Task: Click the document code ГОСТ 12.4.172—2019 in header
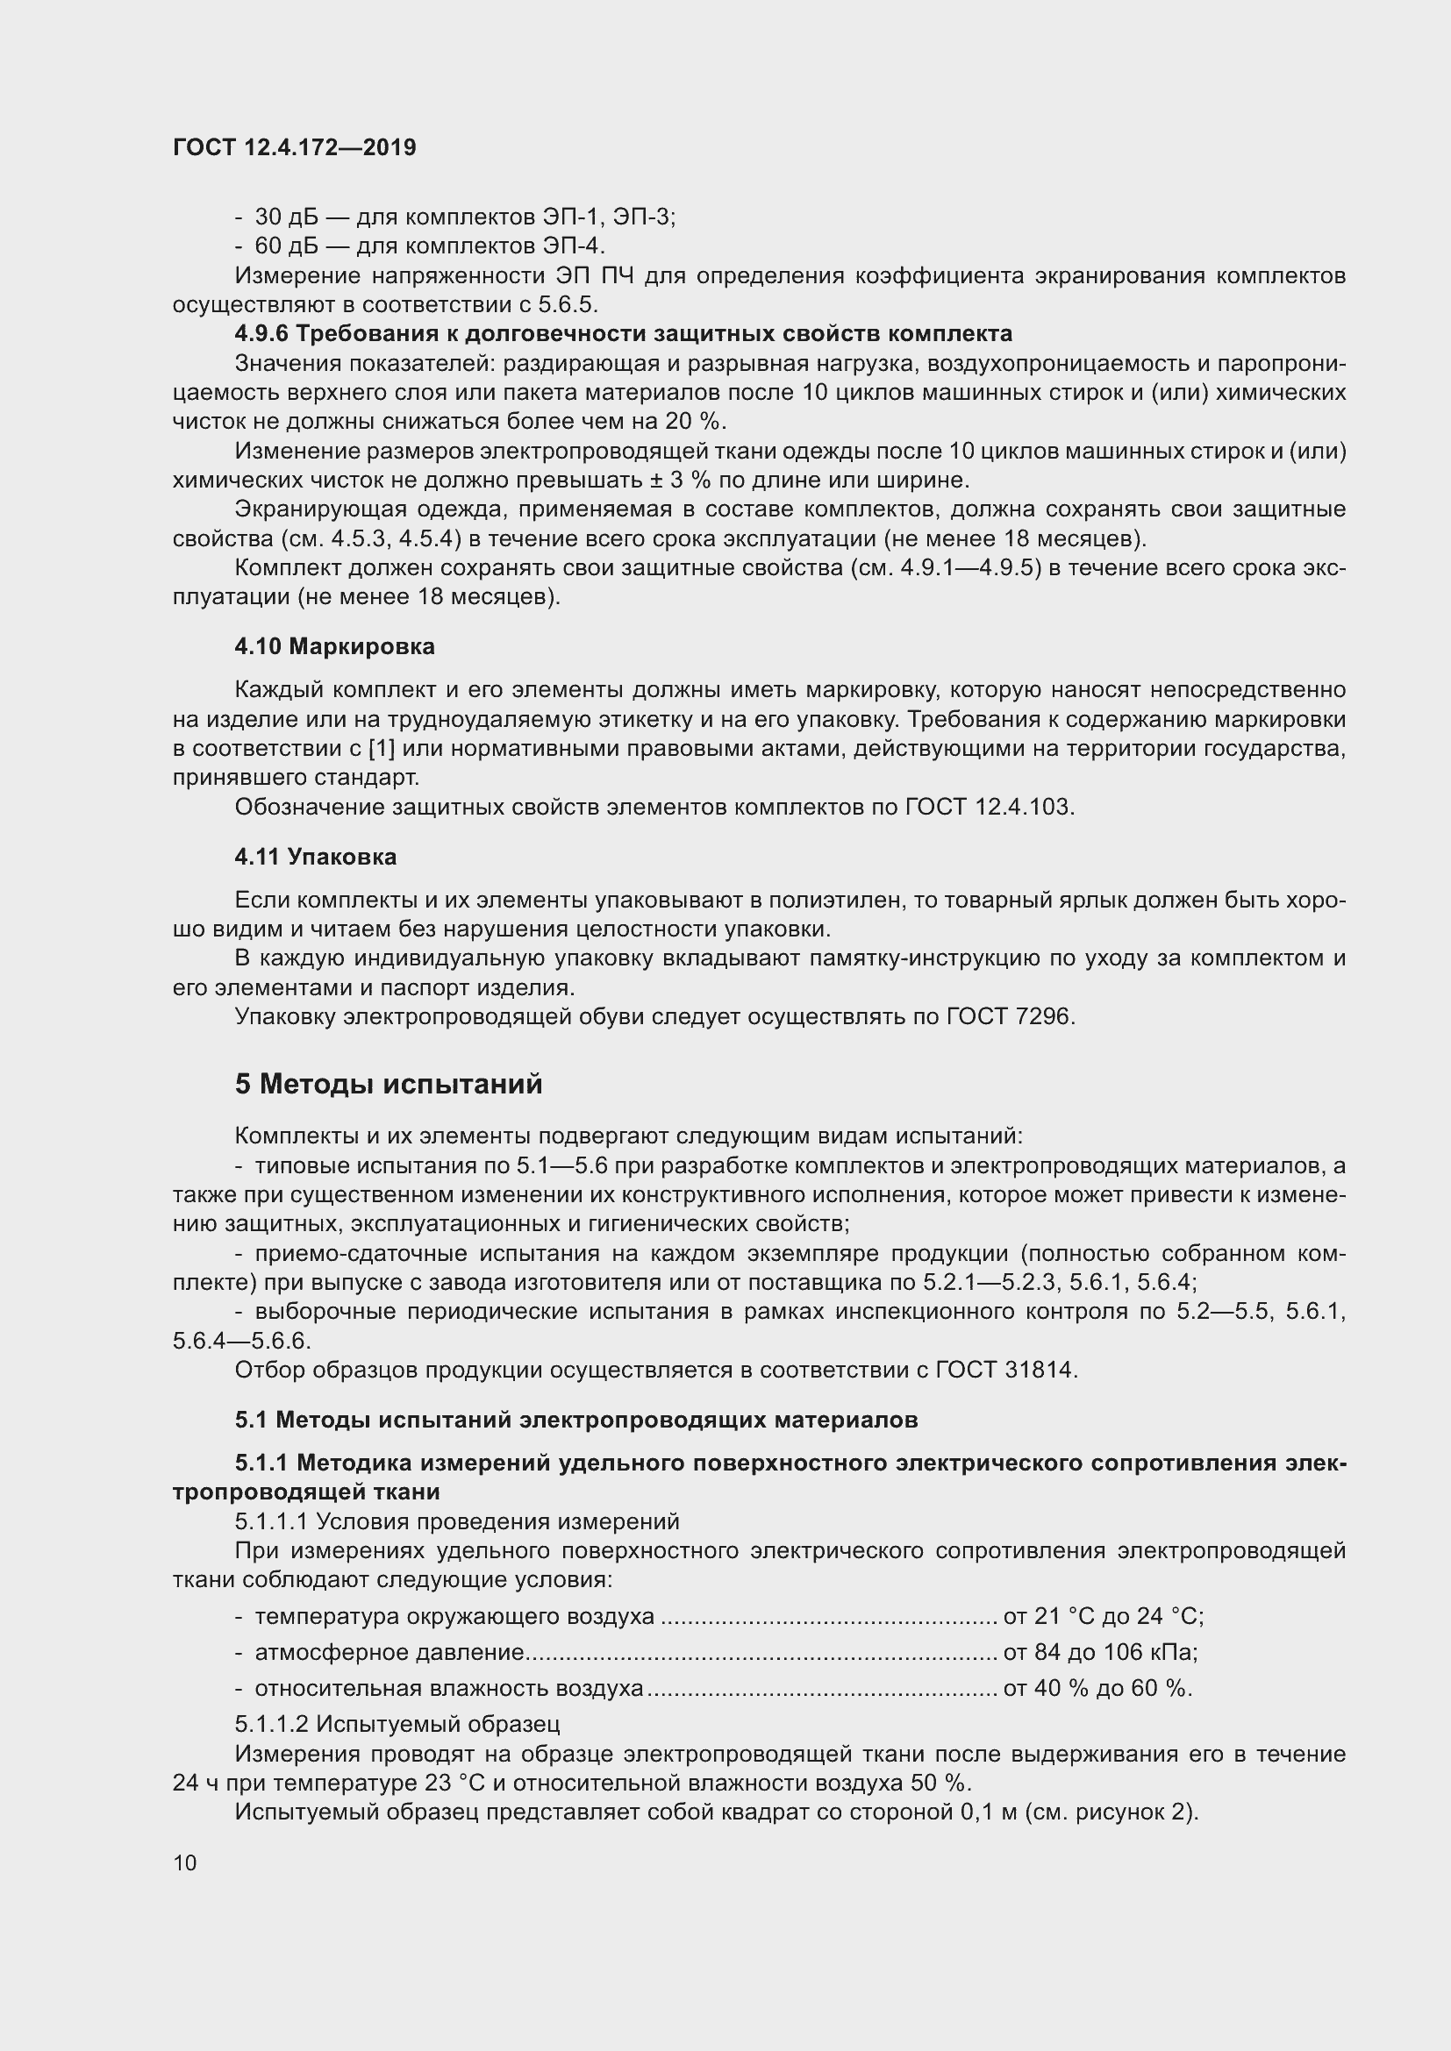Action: (294, 147)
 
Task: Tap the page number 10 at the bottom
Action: (185, 1862)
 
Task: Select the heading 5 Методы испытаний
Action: (389, 1084)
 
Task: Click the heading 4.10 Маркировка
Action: (334, 646)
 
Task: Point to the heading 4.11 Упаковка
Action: (316, 857)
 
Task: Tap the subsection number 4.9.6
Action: (261, 334)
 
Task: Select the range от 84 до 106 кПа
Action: (1099, 1653)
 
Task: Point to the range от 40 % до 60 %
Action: (1097, 1688)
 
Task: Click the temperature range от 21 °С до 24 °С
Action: (1103, 1616)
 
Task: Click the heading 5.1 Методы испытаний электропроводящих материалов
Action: (576, 1420)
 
